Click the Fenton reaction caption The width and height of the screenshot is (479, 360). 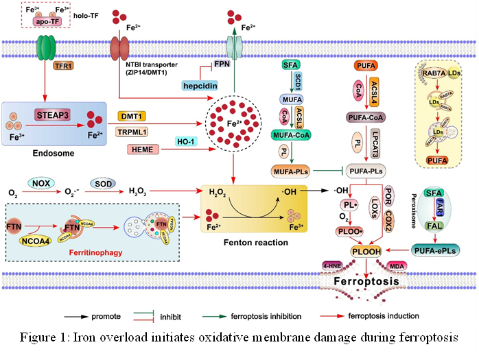249,243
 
